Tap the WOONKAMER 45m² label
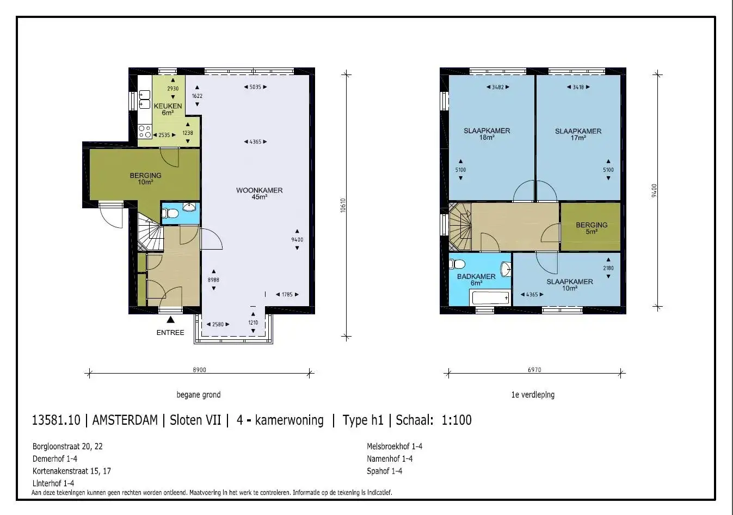(x=259, y=193)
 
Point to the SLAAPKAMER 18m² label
(x=486, y=134)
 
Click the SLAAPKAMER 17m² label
(x=578, y=134)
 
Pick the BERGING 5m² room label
(x=592, y=228)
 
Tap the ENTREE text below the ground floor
(x=170, y=332)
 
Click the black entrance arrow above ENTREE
(x=170, y=319)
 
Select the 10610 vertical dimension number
(x=343, y=206)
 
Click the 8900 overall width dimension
(x=199, y=370)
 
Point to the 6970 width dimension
(x=534, y=370)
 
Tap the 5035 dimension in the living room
(x=255, y=87)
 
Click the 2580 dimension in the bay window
(x=218, y=324)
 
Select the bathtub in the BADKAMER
(x=490, y=298)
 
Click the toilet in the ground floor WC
(x=170, y=214)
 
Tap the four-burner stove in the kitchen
(x=145, y=132)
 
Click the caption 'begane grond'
(x=199, y=395)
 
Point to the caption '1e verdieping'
(x=533, y=395)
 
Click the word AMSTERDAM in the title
(x=125, y=420)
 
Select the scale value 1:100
(x=457, y=420)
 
